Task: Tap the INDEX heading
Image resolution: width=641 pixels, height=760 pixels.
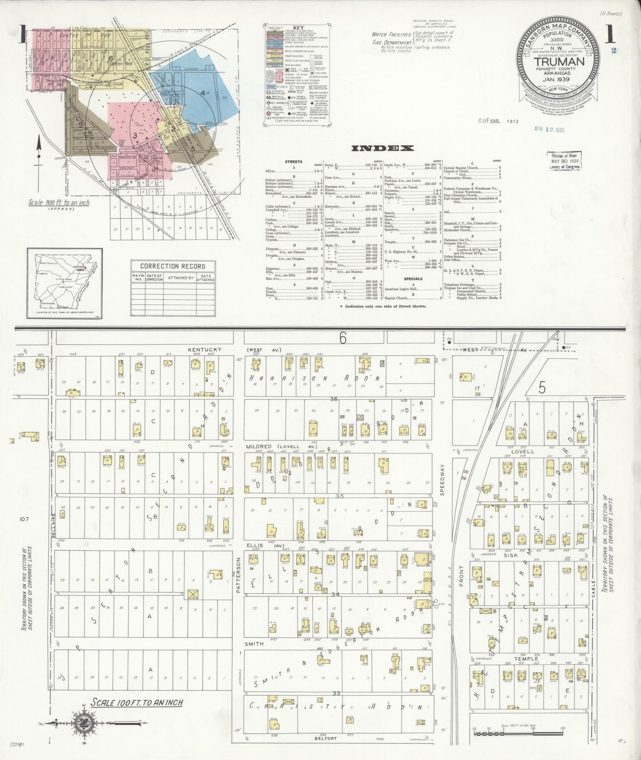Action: coord(382,149)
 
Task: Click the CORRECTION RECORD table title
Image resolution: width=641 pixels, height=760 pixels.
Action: coord(173,266)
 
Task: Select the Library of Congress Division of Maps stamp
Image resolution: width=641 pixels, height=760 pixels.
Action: coord(564,161)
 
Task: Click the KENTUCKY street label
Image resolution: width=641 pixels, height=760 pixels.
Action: coord(204,349)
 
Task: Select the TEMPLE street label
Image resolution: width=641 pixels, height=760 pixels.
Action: coord(526,659)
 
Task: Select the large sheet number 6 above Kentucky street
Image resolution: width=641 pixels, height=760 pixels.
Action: coord(342,338)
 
